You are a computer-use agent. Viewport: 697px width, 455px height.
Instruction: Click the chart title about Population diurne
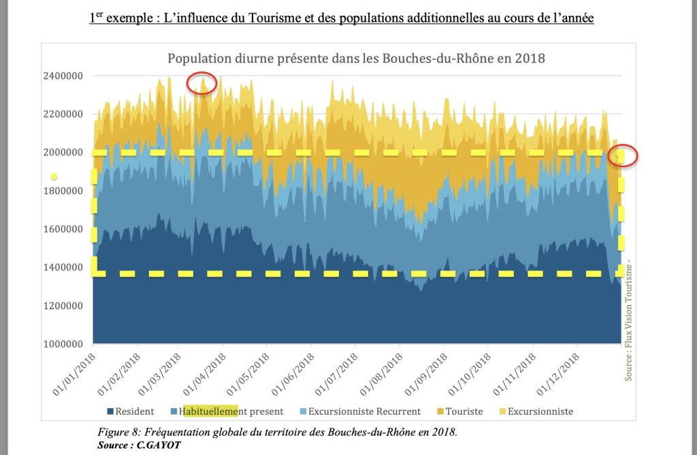click(x=356, y=59)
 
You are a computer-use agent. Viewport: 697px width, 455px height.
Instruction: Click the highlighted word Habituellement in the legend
click(x=210, y=411)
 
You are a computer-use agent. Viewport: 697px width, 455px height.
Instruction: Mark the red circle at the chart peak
click(x=203, y=85)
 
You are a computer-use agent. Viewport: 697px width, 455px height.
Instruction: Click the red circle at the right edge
click(x=623, y=155)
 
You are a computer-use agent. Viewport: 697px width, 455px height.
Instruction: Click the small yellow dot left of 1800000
click(x=54, y=176)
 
